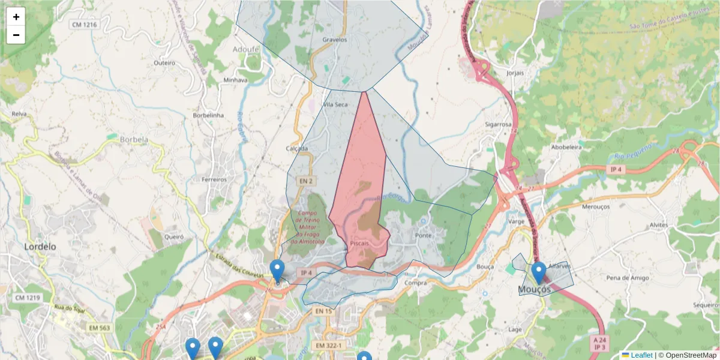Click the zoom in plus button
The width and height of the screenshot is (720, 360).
(16, 17)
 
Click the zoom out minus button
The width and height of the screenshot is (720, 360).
(16, 35)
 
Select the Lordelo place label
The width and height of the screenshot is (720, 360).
(40, 247)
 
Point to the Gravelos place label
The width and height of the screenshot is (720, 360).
(335, 40)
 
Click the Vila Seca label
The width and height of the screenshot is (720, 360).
(335, 104)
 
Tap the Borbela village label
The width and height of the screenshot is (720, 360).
(134, 140)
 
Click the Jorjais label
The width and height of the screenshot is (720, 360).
(515, 73)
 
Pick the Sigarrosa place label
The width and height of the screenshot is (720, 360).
(498, 125)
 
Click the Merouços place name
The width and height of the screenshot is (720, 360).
(596, 206)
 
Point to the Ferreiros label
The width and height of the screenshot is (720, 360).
(214, 179)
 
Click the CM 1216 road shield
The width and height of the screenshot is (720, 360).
(84, 25)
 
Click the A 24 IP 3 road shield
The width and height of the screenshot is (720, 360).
(599, 344)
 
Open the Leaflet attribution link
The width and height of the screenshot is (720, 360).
(641, 355)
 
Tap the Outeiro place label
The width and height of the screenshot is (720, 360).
(164, 62)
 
